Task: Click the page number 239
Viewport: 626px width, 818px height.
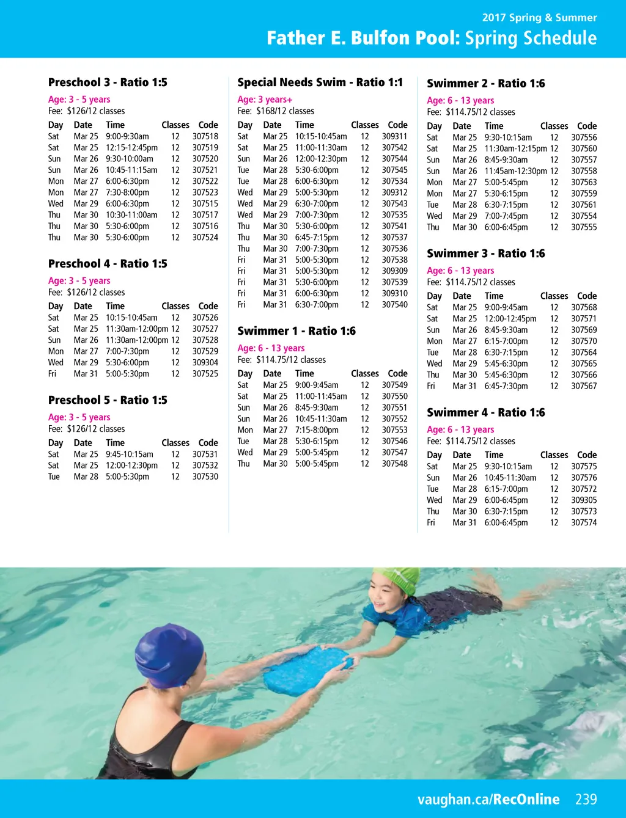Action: point(586,799)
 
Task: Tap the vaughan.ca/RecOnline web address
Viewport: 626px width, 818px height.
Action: point(488,799)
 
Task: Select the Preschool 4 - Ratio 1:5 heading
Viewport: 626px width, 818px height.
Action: point(108,264)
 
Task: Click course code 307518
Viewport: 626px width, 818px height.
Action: point(205,136)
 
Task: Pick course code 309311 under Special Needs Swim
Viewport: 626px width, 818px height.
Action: point(394,136)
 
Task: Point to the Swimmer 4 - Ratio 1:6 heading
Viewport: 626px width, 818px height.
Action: point(485,413)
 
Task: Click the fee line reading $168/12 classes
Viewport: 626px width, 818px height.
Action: point(276,111)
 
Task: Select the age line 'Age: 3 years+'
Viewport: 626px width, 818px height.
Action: point(265,100)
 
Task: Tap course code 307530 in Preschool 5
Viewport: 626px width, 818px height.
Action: point(205,477)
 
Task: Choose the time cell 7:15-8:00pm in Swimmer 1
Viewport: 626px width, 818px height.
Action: point(317,430)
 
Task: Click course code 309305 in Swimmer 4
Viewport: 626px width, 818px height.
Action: point(584,500)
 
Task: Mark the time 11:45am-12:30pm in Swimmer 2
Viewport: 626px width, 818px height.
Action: point(515,171)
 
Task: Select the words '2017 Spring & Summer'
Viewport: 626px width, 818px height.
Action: point(539,18)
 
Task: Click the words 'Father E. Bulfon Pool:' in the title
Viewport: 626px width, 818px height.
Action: point(363,38)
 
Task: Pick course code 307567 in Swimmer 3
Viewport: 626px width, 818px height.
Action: point(584,386)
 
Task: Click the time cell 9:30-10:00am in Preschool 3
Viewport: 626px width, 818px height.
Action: point(130,159)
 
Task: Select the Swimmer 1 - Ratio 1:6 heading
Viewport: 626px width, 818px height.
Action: point(296,331)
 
